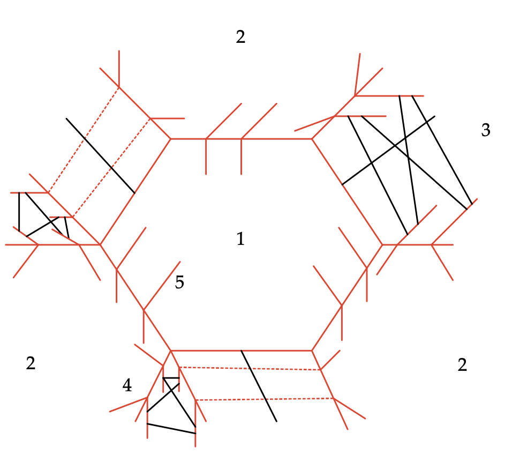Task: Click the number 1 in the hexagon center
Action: pos(240,239)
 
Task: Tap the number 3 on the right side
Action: pos(486,130)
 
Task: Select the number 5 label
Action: pos(179,282)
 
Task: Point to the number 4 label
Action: pos(127,385)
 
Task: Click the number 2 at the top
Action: pos(240,37)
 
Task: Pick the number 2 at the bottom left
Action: pos(31,363)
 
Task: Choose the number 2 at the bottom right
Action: pos(462,364)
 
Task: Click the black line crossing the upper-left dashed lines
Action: pos(100,155)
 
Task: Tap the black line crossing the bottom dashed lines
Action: pos(259,386)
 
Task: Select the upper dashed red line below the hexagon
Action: pos(250,369)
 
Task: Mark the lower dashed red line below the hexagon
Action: pos(265,399)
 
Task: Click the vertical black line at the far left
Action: pos(19,212)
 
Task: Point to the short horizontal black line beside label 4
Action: pos(171,378)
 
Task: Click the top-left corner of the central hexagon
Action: pos(170,139)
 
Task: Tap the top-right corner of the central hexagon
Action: pos(312,139)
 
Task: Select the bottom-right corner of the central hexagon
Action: pos(312,351)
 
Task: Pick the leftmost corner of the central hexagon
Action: pos(100,244)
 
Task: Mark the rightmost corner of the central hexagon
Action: pos(382,244)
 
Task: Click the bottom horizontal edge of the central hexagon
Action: pos(242,351)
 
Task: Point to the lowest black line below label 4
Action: pos(171,429)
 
